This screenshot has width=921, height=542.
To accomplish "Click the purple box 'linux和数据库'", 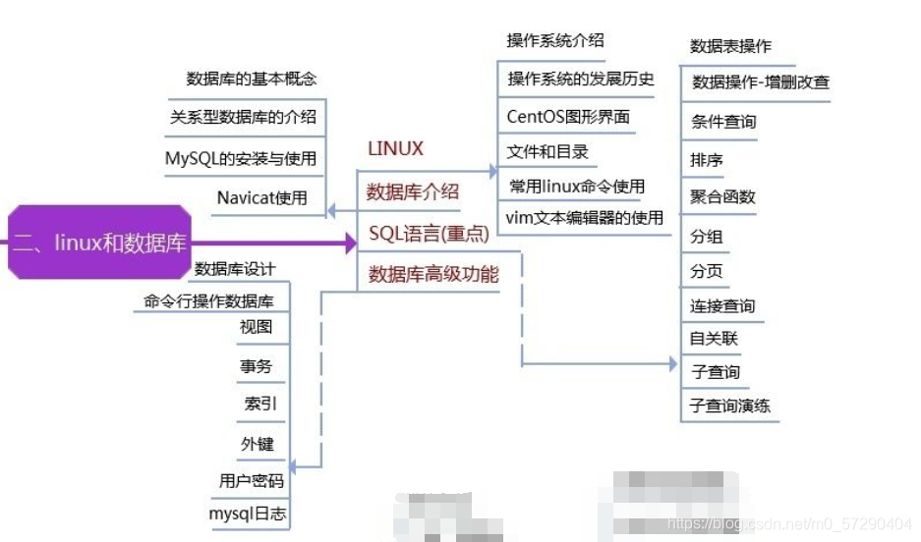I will (98, 243).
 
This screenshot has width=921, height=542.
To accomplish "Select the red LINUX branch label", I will (395, 149).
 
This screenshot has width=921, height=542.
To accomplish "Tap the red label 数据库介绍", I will (412, 192).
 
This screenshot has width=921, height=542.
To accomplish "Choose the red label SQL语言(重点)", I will (429, 234).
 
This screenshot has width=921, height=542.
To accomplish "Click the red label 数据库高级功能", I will (433, 275).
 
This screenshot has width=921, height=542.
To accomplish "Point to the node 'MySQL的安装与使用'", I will (240, 158).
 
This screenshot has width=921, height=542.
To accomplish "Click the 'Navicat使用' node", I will (261, 197).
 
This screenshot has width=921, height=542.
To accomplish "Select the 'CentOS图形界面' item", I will (568, 116).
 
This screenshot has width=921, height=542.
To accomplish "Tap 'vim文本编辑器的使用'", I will (584, 217).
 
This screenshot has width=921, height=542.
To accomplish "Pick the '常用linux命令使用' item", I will (577, 186).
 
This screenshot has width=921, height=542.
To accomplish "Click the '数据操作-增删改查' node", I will (761, 81).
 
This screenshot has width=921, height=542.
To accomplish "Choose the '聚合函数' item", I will (723, 196).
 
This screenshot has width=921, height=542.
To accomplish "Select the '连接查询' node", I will (723, 306).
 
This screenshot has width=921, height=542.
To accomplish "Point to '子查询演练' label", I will (730, 406).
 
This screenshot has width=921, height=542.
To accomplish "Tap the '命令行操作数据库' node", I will (209, 301).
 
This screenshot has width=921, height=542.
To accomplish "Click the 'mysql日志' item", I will (249, 513).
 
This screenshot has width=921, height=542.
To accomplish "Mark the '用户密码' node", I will (252, 481).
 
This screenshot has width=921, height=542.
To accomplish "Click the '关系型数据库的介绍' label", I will (243, 116).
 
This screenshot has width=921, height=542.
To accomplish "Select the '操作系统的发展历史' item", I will (580, 79).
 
